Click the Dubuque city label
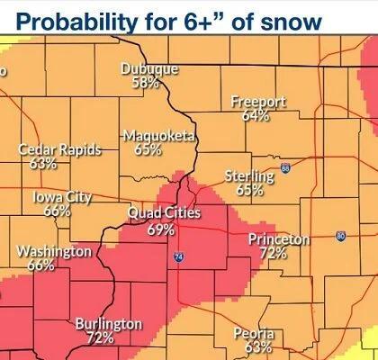(149, 69)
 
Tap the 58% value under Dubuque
(145, 83)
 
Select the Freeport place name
(258, 102)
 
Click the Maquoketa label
(154, 136)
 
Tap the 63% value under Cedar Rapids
(43, 164)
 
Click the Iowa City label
(62, 197)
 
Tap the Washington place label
(54, 250)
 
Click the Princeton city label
(279, 239)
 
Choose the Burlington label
(108, 323)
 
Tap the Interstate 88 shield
(285, 168)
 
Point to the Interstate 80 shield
(339, 236)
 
